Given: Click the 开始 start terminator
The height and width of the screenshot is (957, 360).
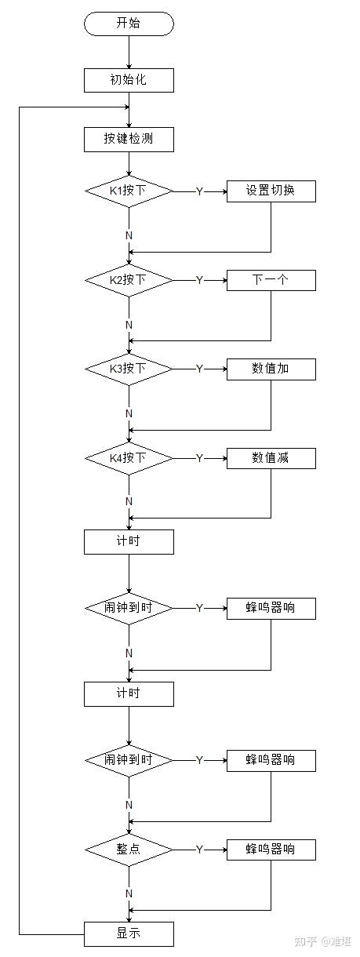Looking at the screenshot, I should (129, 24).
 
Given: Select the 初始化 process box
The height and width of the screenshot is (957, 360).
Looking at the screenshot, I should (129, 79).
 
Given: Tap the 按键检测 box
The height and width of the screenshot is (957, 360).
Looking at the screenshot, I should (129, 140).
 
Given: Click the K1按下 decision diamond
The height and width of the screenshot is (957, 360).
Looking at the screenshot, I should (129, 191).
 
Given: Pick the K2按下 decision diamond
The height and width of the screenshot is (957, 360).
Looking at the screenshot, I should (129, 279).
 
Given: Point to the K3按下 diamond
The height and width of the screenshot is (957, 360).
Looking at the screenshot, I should (129, 368).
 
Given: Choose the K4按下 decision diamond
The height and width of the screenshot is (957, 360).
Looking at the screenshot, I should (129, 457).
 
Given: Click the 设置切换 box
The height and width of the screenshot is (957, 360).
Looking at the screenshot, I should (271, 191).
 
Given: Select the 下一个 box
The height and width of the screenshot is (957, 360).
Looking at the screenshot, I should (271, 279).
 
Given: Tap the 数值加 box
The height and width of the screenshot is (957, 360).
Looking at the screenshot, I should (271, 368).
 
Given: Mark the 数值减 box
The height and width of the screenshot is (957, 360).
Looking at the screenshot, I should (271, 457).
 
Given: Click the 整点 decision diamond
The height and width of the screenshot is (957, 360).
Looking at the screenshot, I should (129, 850).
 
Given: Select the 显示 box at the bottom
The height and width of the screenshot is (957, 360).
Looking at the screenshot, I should (129, 933).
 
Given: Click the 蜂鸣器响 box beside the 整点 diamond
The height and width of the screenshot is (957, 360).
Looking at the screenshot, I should (271, 850).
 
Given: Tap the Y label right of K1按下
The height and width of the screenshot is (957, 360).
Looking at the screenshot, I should (199, 191).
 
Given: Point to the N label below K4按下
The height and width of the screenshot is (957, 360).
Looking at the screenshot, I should (129, 501).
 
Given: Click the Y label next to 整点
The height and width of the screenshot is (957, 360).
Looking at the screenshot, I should (199, 850).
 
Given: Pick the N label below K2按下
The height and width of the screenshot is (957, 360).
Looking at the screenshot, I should (129, 324).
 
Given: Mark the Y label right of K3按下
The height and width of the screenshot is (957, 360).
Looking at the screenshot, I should (199, 369).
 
